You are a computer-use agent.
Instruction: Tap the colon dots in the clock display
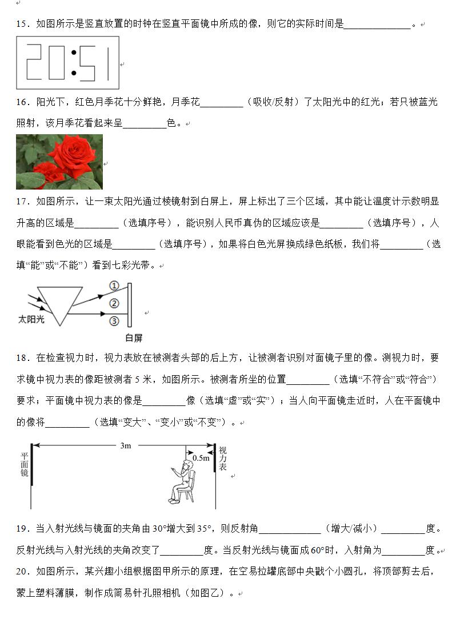click(x=74, y=63)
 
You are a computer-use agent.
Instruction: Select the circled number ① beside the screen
click(x=114, y=286)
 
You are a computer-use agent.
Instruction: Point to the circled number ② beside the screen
click(x=114, y=303)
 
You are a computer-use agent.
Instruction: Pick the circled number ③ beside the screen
click(x=114, y=320)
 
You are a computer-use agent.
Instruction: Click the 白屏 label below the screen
click(x=133, y=337)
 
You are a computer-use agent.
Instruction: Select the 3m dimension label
click(x=126, y=446)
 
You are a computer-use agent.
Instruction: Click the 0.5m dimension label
click(x=201, y=458)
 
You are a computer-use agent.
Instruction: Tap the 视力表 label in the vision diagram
click(x=223, y=459)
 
